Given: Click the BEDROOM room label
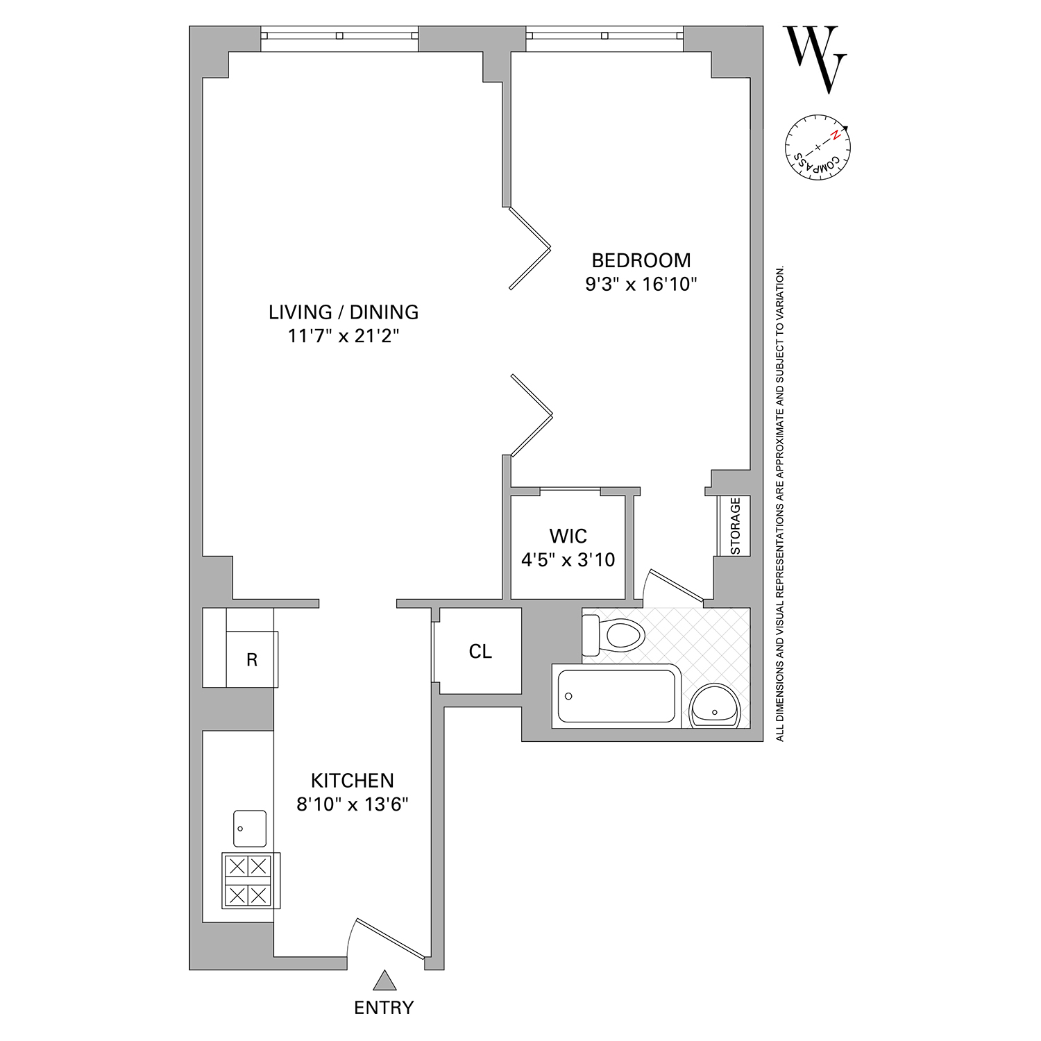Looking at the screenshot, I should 641,260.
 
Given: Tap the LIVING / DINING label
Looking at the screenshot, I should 344,312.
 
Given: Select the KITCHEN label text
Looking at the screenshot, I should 352,781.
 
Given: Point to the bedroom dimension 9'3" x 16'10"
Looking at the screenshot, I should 641,285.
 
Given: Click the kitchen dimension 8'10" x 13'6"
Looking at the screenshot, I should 352,805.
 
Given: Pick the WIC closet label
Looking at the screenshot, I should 568,536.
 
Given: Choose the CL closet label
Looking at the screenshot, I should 480,652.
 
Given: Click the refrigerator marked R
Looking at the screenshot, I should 252,659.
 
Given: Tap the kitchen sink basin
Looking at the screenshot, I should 250,828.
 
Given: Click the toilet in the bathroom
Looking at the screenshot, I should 613,634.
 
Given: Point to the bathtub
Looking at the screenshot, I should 613,696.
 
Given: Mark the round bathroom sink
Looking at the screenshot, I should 715,706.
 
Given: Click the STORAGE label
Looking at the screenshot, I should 735,525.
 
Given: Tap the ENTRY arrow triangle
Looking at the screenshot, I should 384,981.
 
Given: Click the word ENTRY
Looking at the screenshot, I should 384,1008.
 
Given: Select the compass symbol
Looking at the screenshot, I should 818,149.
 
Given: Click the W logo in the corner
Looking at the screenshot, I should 815,58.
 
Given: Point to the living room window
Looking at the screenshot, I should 339,35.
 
